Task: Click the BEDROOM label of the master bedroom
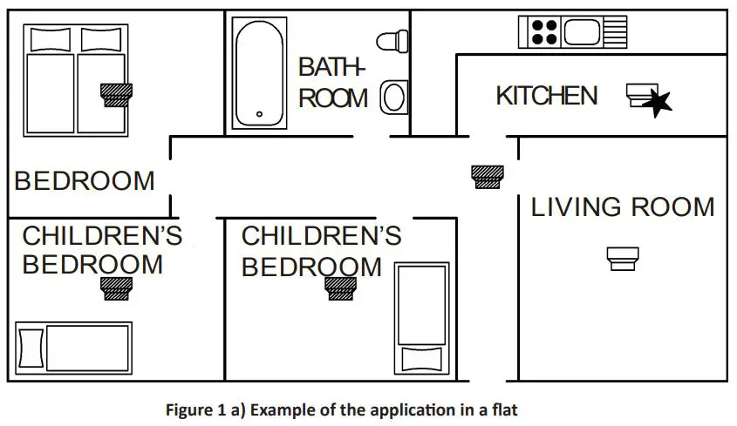(x=85, y=181)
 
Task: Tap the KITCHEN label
(x=547, y=96)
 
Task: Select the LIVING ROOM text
(x=623, y=207)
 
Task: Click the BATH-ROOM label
(x=332, y=83)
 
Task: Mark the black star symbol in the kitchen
(x=658, y=103)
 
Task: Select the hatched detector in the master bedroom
(x=116, y=94)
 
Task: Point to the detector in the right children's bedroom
(x=340, y=287)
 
